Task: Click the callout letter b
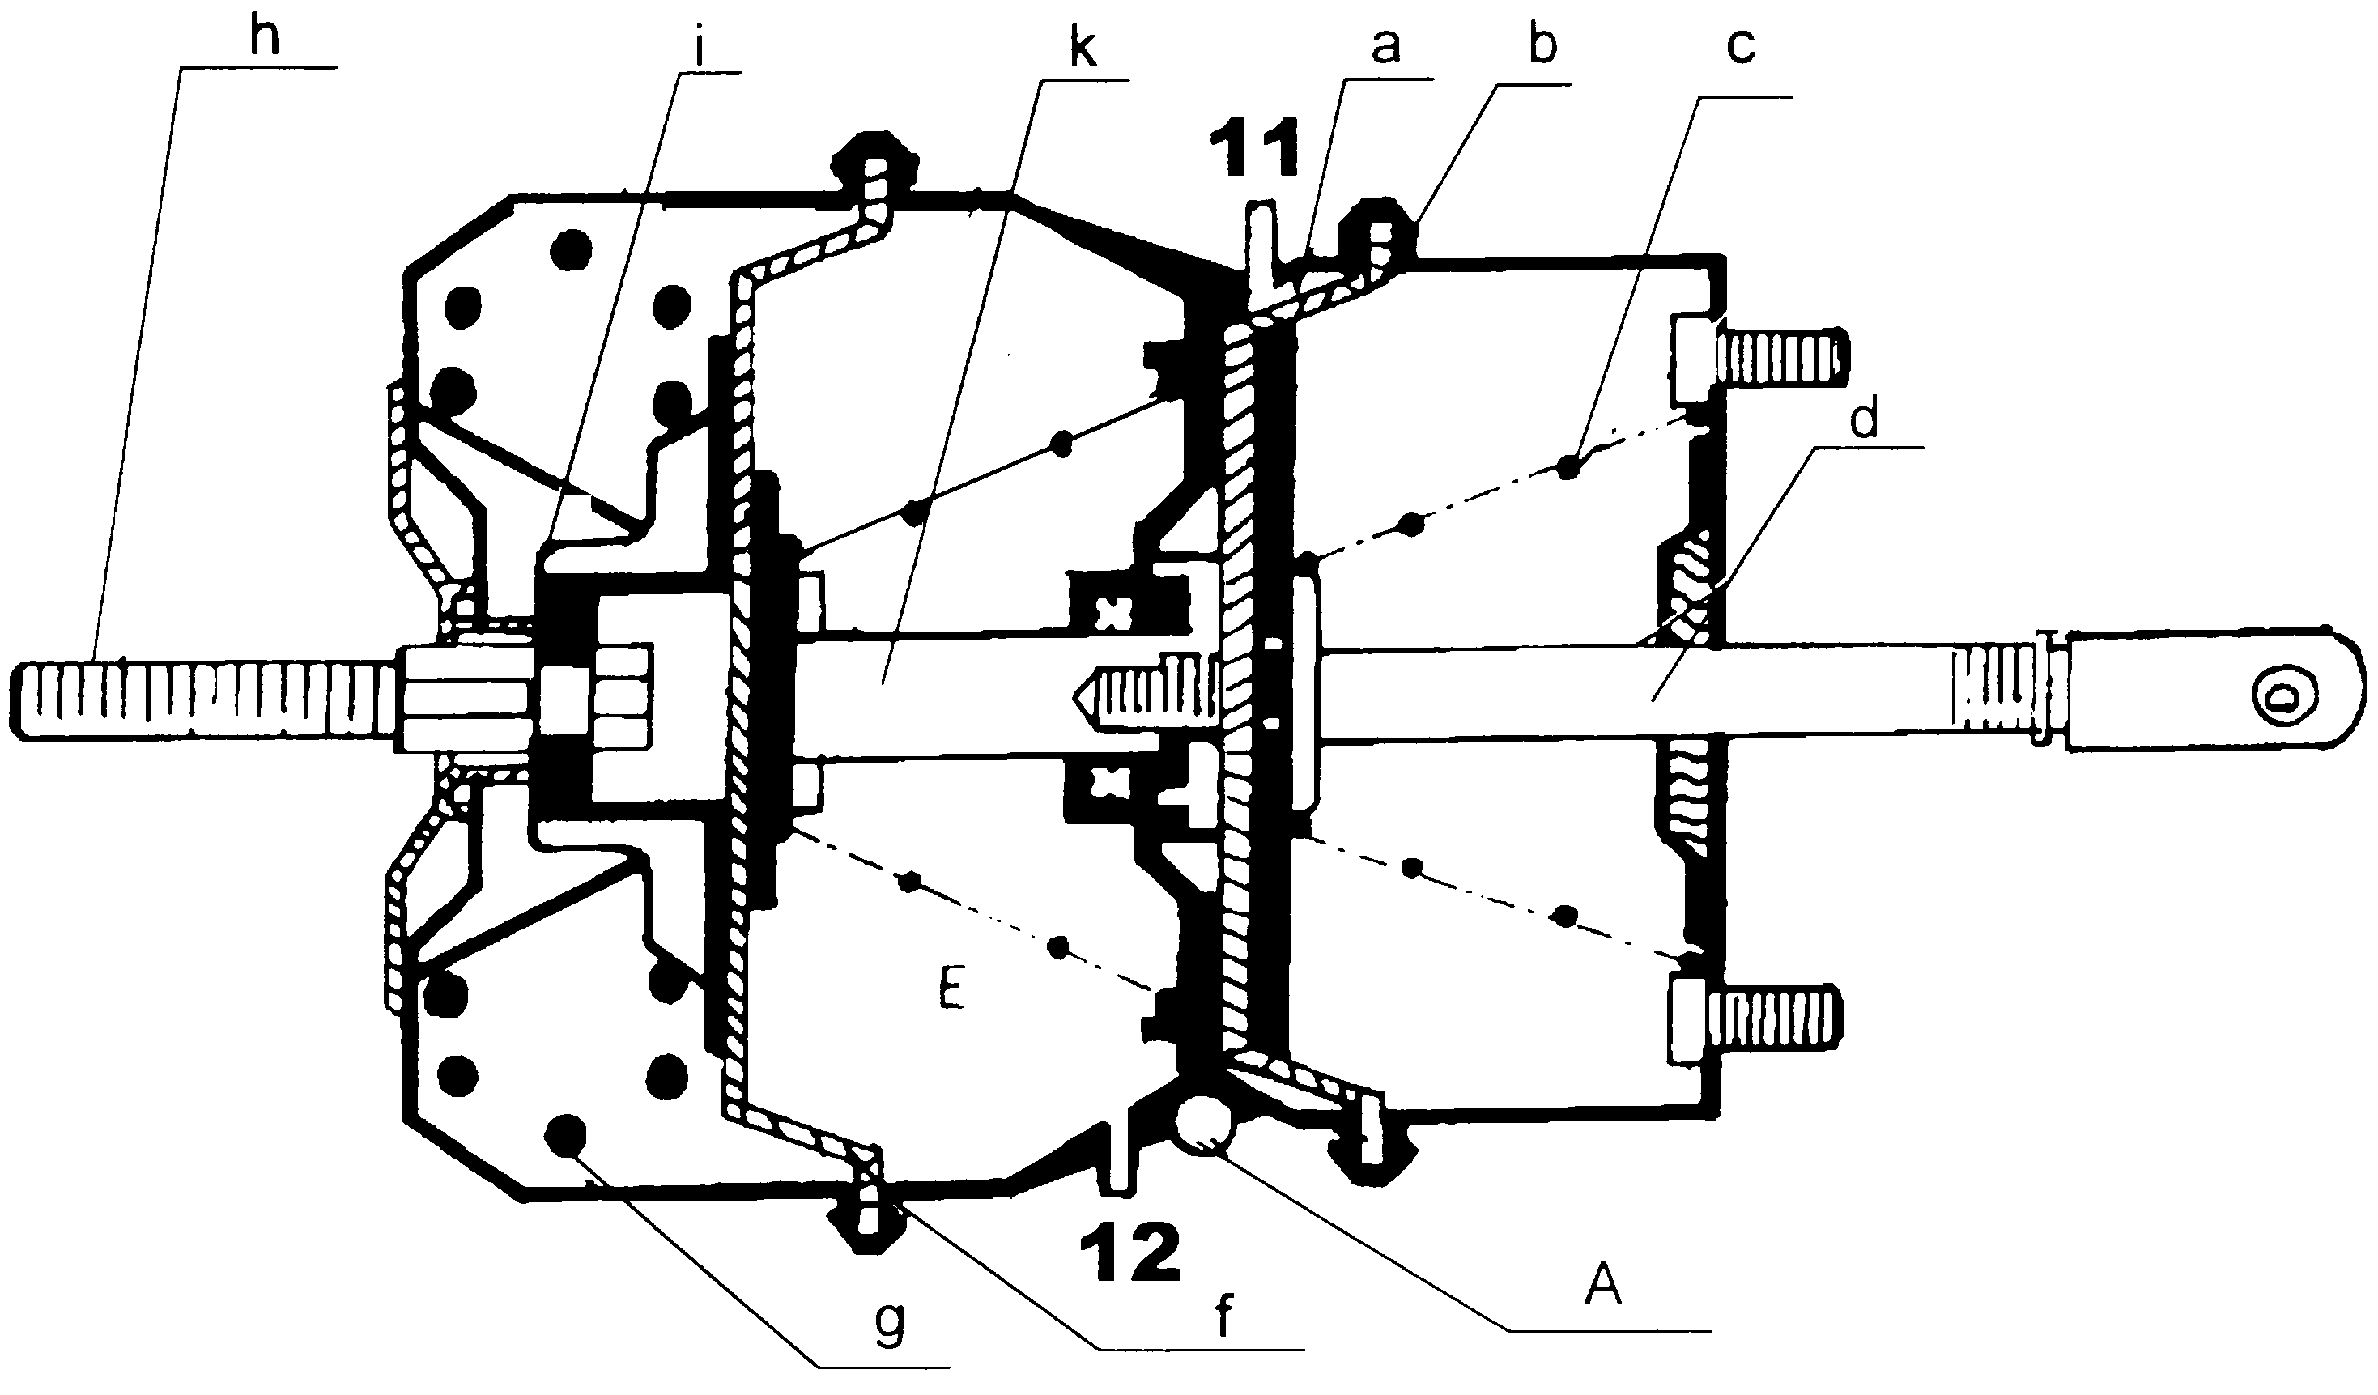[1542, 40]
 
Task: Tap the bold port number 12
[1130, 1252]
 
